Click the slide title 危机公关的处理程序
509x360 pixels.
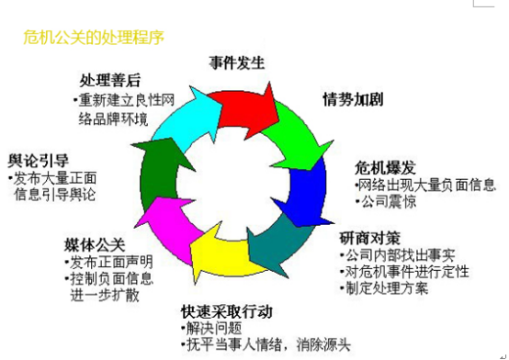click(x=94, y=39)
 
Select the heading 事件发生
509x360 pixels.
click(x=237, y=63)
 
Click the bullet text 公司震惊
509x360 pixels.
click(x=388, y=201)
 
